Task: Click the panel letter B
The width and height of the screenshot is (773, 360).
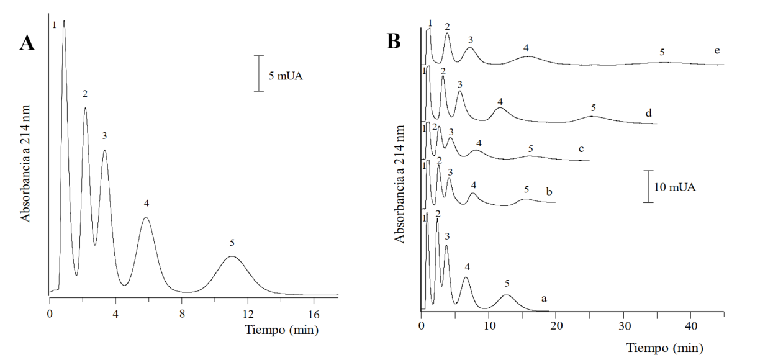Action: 394,41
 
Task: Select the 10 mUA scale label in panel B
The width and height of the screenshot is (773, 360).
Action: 674,186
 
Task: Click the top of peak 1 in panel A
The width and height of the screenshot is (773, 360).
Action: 64,21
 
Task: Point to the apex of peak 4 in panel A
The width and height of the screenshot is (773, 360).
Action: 145,217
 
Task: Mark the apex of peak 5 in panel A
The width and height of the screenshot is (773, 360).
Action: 232,256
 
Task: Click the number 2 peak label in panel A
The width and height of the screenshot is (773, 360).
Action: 85,94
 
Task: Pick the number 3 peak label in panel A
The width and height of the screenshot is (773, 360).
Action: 104,136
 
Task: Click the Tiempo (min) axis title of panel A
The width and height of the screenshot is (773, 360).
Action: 281,330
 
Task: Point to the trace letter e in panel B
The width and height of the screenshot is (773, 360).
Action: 717,50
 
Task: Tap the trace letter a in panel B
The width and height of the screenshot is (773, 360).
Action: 544,298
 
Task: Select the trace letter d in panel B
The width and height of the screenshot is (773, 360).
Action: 648,113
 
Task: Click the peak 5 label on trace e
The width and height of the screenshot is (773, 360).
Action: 662,52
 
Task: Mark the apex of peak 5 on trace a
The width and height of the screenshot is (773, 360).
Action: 506,295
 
